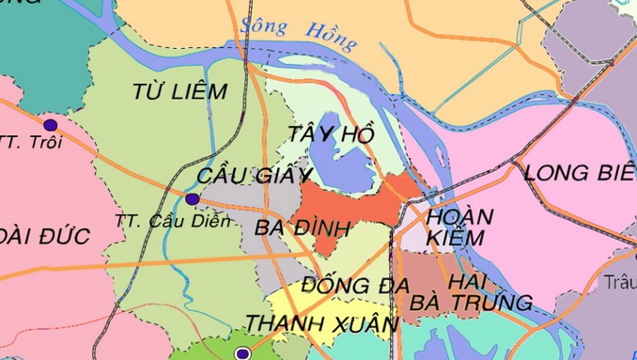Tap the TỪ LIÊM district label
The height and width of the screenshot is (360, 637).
click(180, 91)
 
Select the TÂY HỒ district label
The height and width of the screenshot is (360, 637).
click(325, 133)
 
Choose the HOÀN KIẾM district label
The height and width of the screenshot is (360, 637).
click(459, 228)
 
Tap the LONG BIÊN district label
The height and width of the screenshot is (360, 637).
click(578, 172)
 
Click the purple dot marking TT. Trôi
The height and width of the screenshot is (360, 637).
click(50, 124)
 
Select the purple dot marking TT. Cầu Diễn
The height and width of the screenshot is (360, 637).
click(193, 198)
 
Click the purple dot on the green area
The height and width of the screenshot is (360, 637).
click(242, 353)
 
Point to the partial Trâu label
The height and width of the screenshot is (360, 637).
click(621, 281)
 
